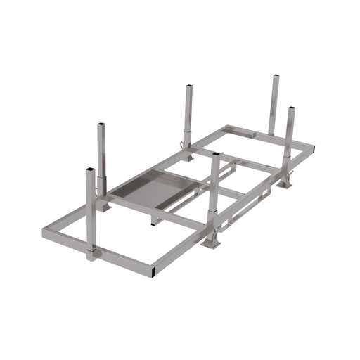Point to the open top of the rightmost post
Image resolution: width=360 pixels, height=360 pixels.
pyautogui.click(x=291, y=108)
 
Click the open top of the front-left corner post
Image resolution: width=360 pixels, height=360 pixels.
pyautogui.click(x=89, y=169)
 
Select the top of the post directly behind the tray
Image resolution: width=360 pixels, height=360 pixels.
pyautogui.click(x=189, y=87)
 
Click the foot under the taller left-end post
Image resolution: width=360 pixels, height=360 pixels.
pyautogui.click(x=103, y=206)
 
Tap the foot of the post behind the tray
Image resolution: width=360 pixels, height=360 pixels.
pyautogui.click(x=188, y=146)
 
